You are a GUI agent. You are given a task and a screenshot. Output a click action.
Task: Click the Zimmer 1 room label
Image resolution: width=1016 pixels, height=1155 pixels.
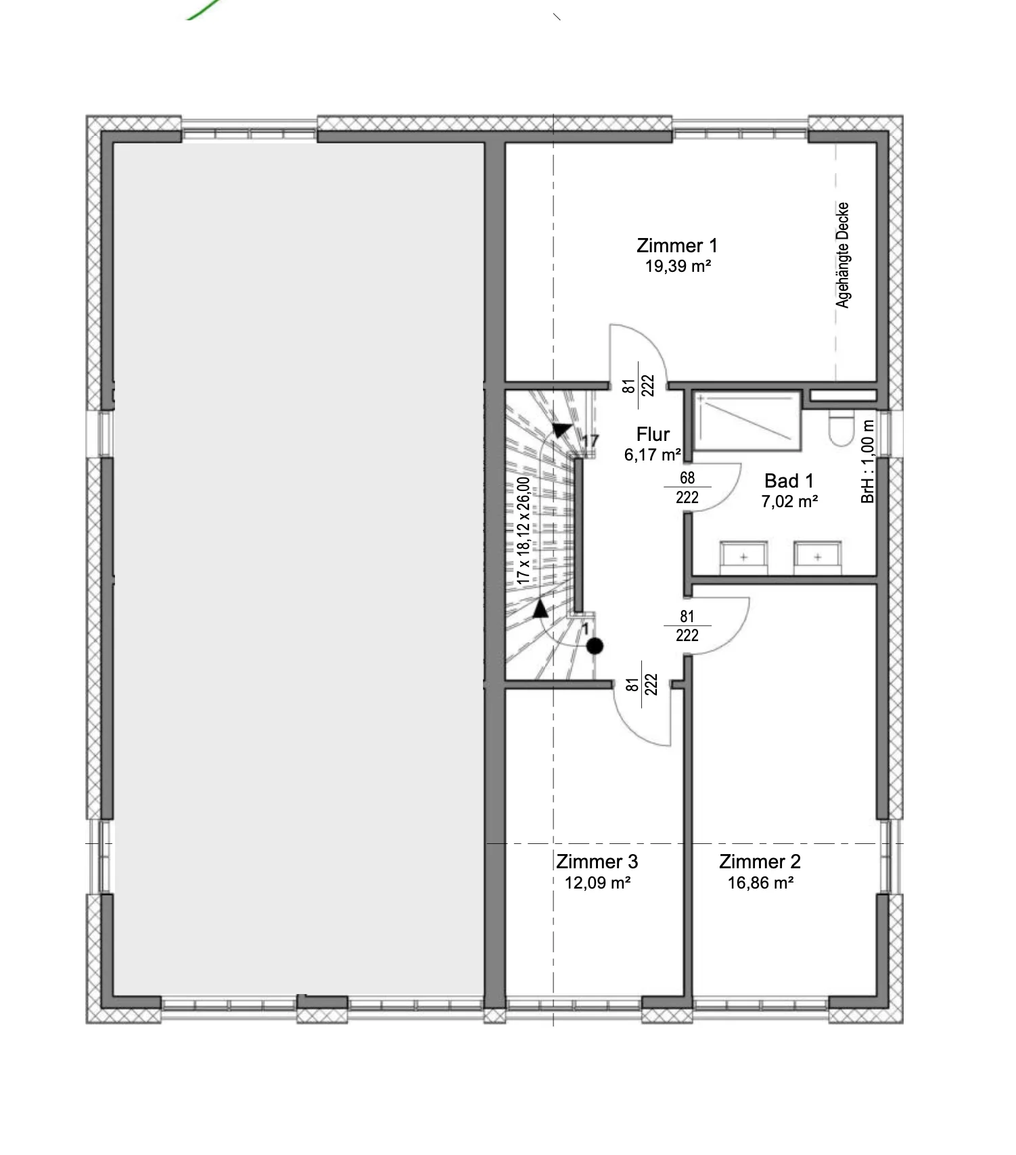tap(677, 245)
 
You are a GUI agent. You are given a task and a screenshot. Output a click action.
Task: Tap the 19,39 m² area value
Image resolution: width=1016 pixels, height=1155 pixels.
tap(678, 266)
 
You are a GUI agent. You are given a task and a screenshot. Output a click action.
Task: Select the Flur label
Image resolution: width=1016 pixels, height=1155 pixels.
tap(653, 434)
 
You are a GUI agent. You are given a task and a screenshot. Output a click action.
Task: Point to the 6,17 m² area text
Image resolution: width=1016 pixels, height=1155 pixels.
tap(653, 454)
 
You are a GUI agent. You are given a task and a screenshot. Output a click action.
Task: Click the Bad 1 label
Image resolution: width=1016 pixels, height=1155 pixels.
tap(789, 481)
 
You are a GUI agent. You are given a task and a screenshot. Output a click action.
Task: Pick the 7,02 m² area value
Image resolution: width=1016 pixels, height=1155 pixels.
tap(789, 501)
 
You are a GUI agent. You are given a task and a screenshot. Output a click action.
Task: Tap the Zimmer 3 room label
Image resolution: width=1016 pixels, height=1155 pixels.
tap(597, 862)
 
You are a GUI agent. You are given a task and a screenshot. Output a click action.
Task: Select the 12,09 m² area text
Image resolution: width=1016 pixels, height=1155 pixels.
tap(598, 882)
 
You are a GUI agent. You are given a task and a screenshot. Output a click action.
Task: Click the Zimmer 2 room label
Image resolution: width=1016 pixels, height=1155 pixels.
tap(760, 862)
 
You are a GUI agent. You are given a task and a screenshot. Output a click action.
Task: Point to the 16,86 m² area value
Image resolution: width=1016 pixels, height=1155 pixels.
tap(760, 882)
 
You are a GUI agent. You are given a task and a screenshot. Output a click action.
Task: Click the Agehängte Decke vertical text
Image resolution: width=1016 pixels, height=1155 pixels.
tap(842, 255)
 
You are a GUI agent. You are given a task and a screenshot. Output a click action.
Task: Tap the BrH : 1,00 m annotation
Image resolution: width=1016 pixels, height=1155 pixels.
tap(868, 462)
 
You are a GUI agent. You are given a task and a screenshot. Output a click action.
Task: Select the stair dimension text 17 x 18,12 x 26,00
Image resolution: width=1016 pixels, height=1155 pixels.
tap(523, 531)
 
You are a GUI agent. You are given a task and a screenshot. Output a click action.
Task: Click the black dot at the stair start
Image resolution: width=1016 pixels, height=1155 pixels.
tap(595, 646)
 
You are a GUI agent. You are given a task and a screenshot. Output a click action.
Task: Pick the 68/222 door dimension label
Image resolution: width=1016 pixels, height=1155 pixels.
tap(687, 488)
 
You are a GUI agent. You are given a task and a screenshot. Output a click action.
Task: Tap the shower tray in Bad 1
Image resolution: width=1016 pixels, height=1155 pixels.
tap(747, 421)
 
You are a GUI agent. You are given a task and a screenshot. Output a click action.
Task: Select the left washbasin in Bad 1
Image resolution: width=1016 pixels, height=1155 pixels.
tap(743, 557)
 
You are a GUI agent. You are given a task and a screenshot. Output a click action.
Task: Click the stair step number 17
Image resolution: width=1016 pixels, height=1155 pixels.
tap(591, 441)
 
